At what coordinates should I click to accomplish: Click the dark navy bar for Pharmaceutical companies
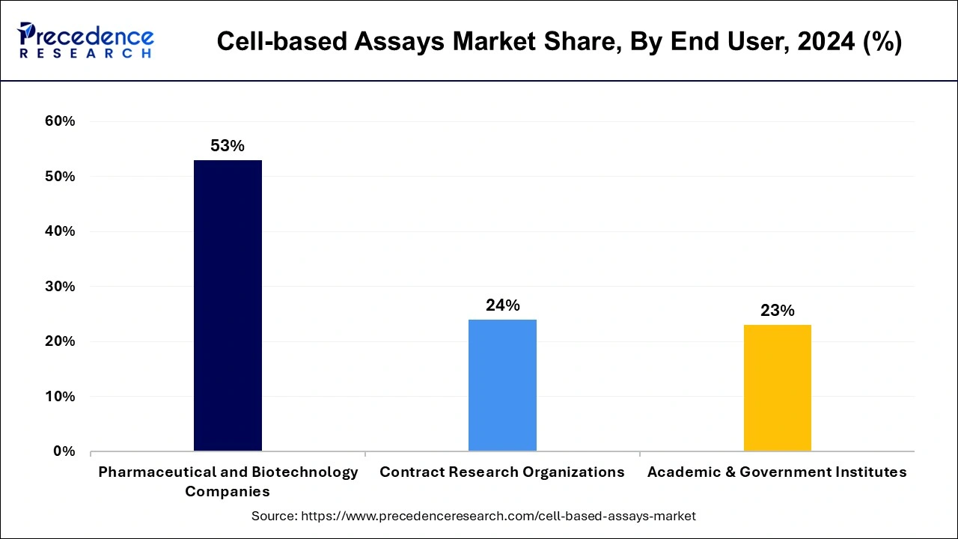pyautogui.click(x=228, y=305)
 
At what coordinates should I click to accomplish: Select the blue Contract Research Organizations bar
pyautogui.click(x=502, y=385)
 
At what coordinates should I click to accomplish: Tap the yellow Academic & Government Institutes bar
pyautogui.click(x=777, y=387)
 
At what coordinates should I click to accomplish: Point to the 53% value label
pyautogui.click(x=228, y=146)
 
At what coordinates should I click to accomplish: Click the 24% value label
pyautogui.click(x=502, y=305)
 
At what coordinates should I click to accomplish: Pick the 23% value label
pyautogui.click(x=777, y=310)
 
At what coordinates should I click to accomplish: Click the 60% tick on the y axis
pyautogui.click(x=60, y=121)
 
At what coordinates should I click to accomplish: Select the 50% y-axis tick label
pyautogui.click(x=60, y=177)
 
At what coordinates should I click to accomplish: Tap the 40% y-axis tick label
pyautogui.click(x=60, y=231)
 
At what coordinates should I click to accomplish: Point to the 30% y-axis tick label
pyautogui.click(x=60, y=287)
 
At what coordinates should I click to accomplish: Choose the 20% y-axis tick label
pyautogui.click(x=60, y=341)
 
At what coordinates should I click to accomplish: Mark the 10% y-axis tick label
pyautogui.click(x=60, y=397)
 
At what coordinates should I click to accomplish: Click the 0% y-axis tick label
pyautogui.click(x=64, y=451)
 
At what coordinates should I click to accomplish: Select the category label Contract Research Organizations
pyautogui.click(x=502, y=472)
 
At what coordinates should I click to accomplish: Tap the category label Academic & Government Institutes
pyautogui.click(x=777, y=472)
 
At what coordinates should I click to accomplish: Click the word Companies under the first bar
pyautogui.click(x=228, y=492)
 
